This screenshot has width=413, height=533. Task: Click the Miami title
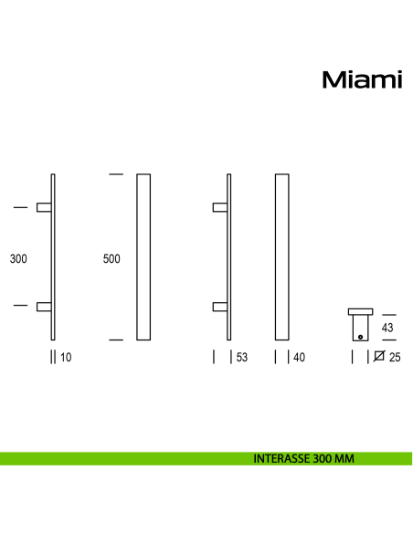(x=362, y=80)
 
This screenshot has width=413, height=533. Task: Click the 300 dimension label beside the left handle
(x=18, y=259)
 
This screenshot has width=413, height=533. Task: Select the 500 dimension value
(x=111, y=259)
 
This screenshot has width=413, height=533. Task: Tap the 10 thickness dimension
(x=66, y=358)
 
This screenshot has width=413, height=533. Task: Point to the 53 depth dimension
(x=241, y=358)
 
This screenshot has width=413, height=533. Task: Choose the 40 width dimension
(x=299, y=358)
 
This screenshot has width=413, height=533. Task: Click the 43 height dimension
(x=387, y=328)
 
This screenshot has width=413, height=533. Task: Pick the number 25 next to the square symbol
(x=395, y=358)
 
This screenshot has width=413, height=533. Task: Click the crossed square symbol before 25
(x=379, y=358)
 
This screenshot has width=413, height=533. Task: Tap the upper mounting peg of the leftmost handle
(x=43, y=207)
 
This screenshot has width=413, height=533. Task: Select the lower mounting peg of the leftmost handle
(x=43, y=307)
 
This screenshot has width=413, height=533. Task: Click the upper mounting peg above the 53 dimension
(x=219, y=207)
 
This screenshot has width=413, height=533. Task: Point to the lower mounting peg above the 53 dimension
(x=219, y=307)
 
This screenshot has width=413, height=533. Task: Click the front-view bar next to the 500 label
(x=143, y=256)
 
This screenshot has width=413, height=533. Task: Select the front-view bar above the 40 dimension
(x=282, y=256)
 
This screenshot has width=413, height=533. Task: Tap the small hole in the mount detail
(x=361, y=336)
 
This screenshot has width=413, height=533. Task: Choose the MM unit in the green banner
(x=344, y=459)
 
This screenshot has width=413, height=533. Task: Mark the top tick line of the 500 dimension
(x=115, y=173)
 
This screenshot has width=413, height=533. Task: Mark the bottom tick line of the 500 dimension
(x=115, y=340)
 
